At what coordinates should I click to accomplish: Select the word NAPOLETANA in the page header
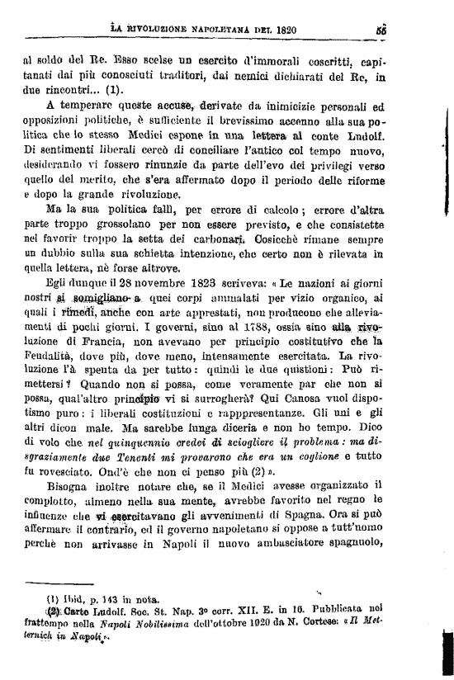point(199,32)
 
